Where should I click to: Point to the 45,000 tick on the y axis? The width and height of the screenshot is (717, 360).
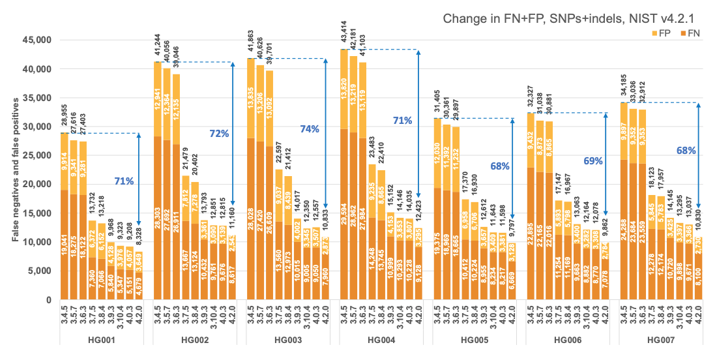[x=38, y=40]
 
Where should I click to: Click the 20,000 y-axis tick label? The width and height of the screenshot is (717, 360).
[x=38, y=184]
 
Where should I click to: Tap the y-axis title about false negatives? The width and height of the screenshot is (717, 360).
[x=14, y=166]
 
